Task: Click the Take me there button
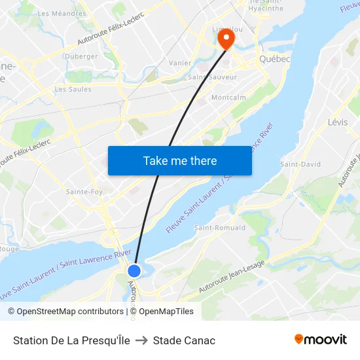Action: tap(180, 160)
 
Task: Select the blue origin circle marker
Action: tap(134, 270)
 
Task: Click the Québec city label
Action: tap(274, 59)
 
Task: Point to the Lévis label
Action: tap(338, 122)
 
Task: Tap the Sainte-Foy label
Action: tap(84, 192)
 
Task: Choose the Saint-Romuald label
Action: tap(220, 228)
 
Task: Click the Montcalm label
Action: tap(229, 97)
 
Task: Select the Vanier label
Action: tap(180, 63)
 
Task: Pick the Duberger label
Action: tap(81, 56)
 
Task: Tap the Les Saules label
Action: tap(73, 89)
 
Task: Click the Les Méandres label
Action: tap(62, 13)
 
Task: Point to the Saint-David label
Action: tap(300, 164)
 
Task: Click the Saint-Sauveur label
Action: tap(213, 77)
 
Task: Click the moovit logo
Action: tap(320, 340)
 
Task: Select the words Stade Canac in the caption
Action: tap(184, 340)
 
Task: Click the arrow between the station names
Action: tap(141, 340)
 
